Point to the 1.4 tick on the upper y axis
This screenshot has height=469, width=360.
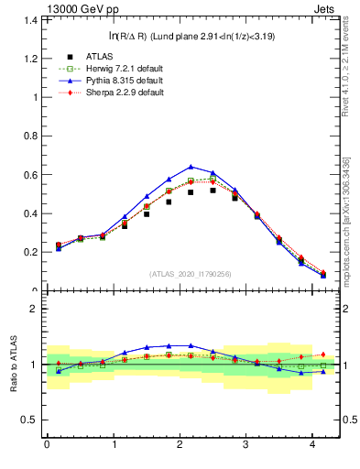[x=31, y=20]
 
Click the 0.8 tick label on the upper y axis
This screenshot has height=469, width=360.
[x=31, y=136]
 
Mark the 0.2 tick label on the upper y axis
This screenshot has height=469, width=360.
[x=31, y=253]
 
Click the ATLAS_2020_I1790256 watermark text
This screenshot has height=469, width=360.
[x=191, y=274]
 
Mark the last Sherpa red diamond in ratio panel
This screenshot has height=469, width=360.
[x=322, y=354]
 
